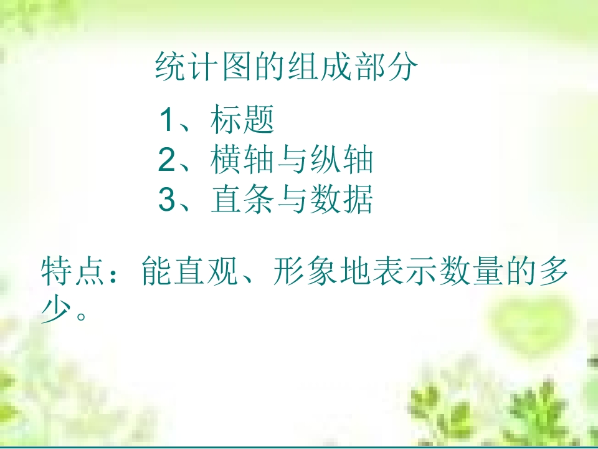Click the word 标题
tap(242, 120)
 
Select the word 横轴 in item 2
tap(242, 160)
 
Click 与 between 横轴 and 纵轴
tap(292, 160)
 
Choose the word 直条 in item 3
tap(242, 200)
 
